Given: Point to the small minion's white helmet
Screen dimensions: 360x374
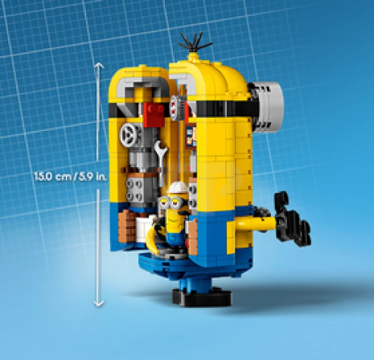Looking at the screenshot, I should click(173, 190).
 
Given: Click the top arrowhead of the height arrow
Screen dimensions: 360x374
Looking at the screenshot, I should click(99, 64).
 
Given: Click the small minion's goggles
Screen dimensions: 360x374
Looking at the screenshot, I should click(173, 198).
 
